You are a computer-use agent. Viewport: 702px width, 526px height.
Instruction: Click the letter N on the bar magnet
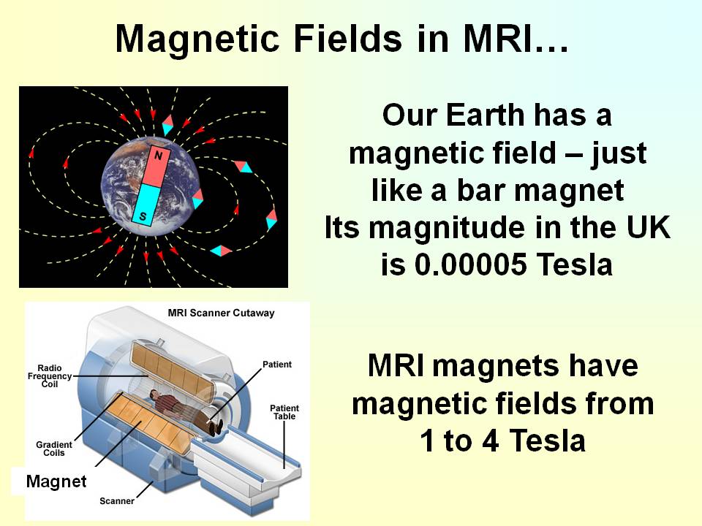(x=158, y=155)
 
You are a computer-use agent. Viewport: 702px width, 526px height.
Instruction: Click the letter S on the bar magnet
(x=143, y=216)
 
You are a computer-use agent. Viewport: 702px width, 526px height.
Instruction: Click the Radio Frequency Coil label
(x=50, y=376)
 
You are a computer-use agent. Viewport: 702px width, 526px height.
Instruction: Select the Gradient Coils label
(x=54, y=449)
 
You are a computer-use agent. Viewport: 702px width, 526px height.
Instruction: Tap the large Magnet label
(x=56, y=481)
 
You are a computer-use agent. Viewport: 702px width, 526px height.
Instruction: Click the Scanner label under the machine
(x=117, y=501)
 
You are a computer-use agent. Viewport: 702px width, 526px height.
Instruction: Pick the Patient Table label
(x=284, y=412)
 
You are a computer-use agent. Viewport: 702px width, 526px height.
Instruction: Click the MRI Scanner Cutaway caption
(x=221, y=313)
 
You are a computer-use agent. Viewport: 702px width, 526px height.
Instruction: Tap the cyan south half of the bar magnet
(x=146, y=205)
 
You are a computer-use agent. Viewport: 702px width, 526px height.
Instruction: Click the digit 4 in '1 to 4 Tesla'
(x=491, y=441)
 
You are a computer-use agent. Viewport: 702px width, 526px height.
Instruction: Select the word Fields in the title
(x=347, y=39)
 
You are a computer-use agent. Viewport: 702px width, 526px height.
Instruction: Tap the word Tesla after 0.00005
(x=574, y=264)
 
